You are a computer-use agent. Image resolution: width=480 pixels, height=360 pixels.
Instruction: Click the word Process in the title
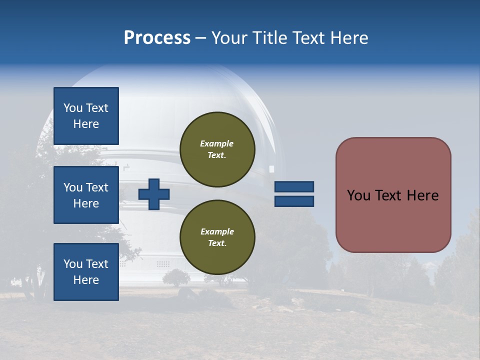tap(157, 38)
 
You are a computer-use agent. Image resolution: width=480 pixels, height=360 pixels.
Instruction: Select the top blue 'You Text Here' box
tap(86, 116)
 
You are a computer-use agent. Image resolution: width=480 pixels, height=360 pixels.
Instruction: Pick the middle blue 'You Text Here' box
tap(86, 195)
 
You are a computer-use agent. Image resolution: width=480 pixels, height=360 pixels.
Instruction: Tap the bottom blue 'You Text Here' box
tap(86, 271)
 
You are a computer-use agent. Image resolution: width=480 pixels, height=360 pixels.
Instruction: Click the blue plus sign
tap(154, 194)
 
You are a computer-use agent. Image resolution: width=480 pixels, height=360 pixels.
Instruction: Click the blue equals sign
tap(294, 194)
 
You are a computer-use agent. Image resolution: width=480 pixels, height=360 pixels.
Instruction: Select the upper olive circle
tap(217, 149)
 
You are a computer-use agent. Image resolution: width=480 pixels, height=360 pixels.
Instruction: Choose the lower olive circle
tap(217, 237)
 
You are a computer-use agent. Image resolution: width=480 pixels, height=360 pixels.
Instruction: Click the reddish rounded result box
tap(393, 195)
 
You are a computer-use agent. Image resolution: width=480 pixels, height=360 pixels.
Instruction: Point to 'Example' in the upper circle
tap(217, 143)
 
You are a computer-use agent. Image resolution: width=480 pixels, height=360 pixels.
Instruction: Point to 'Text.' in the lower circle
tap(217, 243)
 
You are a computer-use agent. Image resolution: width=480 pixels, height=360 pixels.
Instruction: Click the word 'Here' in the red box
tap(422, 195)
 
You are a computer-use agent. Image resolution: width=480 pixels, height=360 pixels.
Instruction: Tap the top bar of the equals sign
tap(294, 186)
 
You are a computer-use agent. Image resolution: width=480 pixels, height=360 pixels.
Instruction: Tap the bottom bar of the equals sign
tap(294, 201)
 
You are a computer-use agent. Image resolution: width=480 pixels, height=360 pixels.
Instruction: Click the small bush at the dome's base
tap(176, 277)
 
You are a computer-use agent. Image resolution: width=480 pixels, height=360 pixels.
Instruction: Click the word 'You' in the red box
tap(358, 195)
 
